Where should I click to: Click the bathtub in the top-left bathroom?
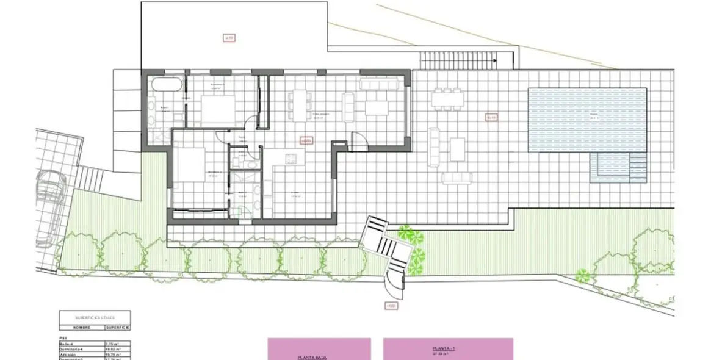point(164,85)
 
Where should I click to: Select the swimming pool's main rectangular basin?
point(586,120)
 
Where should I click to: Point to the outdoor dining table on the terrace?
point(446,100)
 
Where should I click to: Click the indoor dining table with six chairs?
point(299,106)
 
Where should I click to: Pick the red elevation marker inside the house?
point(306,140)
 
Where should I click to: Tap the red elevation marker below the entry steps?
point(391,306)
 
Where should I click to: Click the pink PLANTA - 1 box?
point(448,349)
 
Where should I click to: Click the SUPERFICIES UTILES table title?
point(95,317)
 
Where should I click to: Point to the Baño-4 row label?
point(68,344)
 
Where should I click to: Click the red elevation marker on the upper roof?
point(229,38)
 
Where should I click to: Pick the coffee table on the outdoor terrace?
point(458,149)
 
